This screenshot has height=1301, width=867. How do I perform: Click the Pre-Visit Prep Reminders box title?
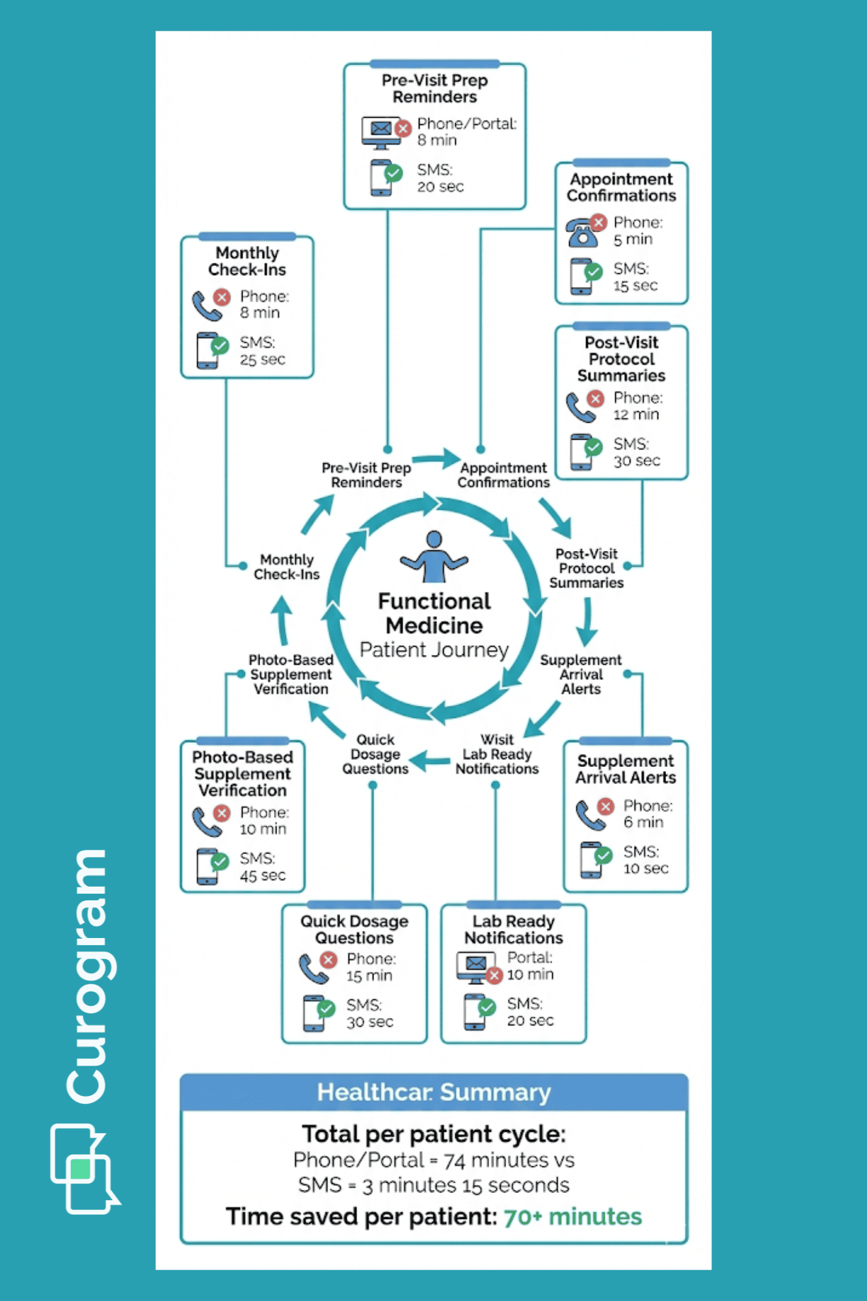point(434,88)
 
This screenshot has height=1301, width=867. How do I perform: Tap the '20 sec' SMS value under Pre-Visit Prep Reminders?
point(440,187)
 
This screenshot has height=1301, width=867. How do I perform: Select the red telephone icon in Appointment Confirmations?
point(583,232)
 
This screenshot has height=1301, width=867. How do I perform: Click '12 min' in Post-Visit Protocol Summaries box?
point(636,414)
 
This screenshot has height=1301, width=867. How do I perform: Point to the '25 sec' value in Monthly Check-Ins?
point(262,360)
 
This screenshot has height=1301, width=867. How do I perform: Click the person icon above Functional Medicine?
point(434,556)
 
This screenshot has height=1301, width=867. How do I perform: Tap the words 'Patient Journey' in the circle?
point(434,650)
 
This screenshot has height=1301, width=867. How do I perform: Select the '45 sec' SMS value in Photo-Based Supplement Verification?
point(262,876)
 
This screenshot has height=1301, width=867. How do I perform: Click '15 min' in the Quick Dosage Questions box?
point(369,976)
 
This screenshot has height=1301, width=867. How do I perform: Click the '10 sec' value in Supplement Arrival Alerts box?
point(645,868)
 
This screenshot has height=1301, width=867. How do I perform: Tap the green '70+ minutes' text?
point(572,1216)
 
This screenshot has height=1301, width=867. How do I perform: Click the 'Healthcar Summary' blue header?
point(434,1092)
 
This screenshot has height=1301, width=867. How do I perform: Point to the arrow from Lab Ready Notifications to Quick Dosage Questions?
point(430,760)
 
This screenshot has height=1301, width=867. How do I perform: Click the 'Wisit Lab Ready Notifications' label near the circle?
point(497,755)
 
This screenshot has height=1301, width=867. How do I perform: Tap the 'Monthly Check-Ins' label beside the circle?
point(287,567)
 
